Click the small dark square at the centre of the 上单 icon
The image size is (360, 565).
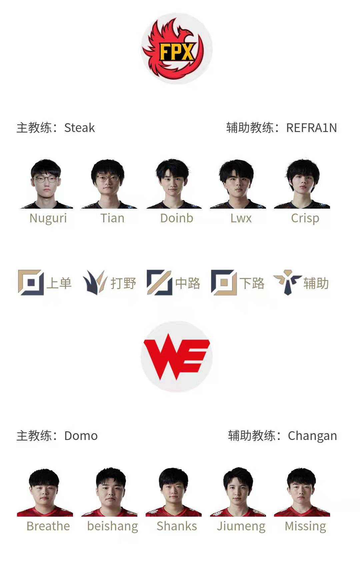pyautogui.click(x=31, y=283)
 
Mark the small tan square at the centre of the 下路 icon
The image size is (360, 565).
pyautogui.click(x=224, y=283)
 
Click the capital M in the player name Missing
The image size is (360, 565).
pyautogui.click(x=290, y=526)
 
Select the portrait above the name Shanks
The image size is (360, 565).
pyautogui.click(x=174, y=492)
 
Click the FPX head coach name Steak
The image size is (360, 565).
pyautogui.click(x=80, y=128)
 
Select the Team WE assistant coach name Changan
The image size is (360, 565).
pyautogui.click(x=313, y=436)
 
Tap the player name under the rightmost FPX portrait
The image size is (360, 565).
pyautogui.click(x=305, y=218)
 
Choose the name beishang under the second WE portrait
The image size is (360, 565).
pyautogui.click(x=113, y=527)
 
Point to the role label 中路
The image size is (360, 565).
pyautogui.click(x=188, y=283)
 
